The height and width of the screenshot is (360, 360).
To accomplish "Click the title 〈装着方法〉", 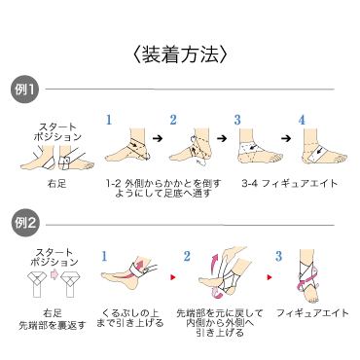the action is point(180,54).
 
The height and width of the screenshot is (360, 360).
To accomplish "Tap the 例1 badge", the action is point(25,90).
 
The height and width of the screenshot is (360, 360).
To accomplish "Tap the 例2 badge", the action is point(25,223).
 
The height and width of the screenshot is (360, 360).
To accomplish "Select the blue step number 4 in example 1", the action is point(302,120).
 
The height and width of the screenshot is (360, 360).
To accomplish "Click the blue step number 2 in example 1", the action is point(173,120).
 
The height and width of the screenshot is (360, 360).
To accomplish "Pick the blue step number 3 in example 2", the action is point(278,257).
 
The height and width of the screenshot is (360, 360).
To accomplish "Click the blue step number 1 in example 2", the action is point(104,257).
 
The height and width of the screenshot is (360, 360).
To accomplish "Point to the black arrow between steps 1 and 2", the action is point(158,138).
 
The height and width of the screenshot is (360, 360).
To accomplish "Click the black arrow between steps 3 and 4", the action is point(286,138).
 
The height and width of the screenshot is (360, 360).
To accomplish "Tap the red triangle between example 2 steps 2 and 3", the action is point(270,277).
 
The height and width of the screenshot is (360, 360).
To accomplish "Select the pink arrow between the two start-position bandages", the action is point(54,274).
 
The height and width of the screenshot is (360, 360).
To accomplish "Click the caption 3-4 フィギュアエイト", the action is point(290,184).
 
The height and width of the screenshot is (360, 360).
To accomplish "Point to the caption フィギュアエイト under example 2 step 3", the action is point(312,313).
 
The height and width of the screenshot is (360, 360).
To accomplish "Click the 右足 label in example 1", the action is point(56,184).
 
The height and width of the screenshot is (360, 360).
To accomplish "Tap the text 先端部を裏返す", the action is point(53,325).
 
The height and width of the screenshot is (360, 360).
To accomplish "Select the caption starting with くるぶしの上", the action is point(130,318).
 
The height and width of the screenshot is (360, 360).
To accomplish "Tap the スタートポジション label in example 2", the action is point(54,257).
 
